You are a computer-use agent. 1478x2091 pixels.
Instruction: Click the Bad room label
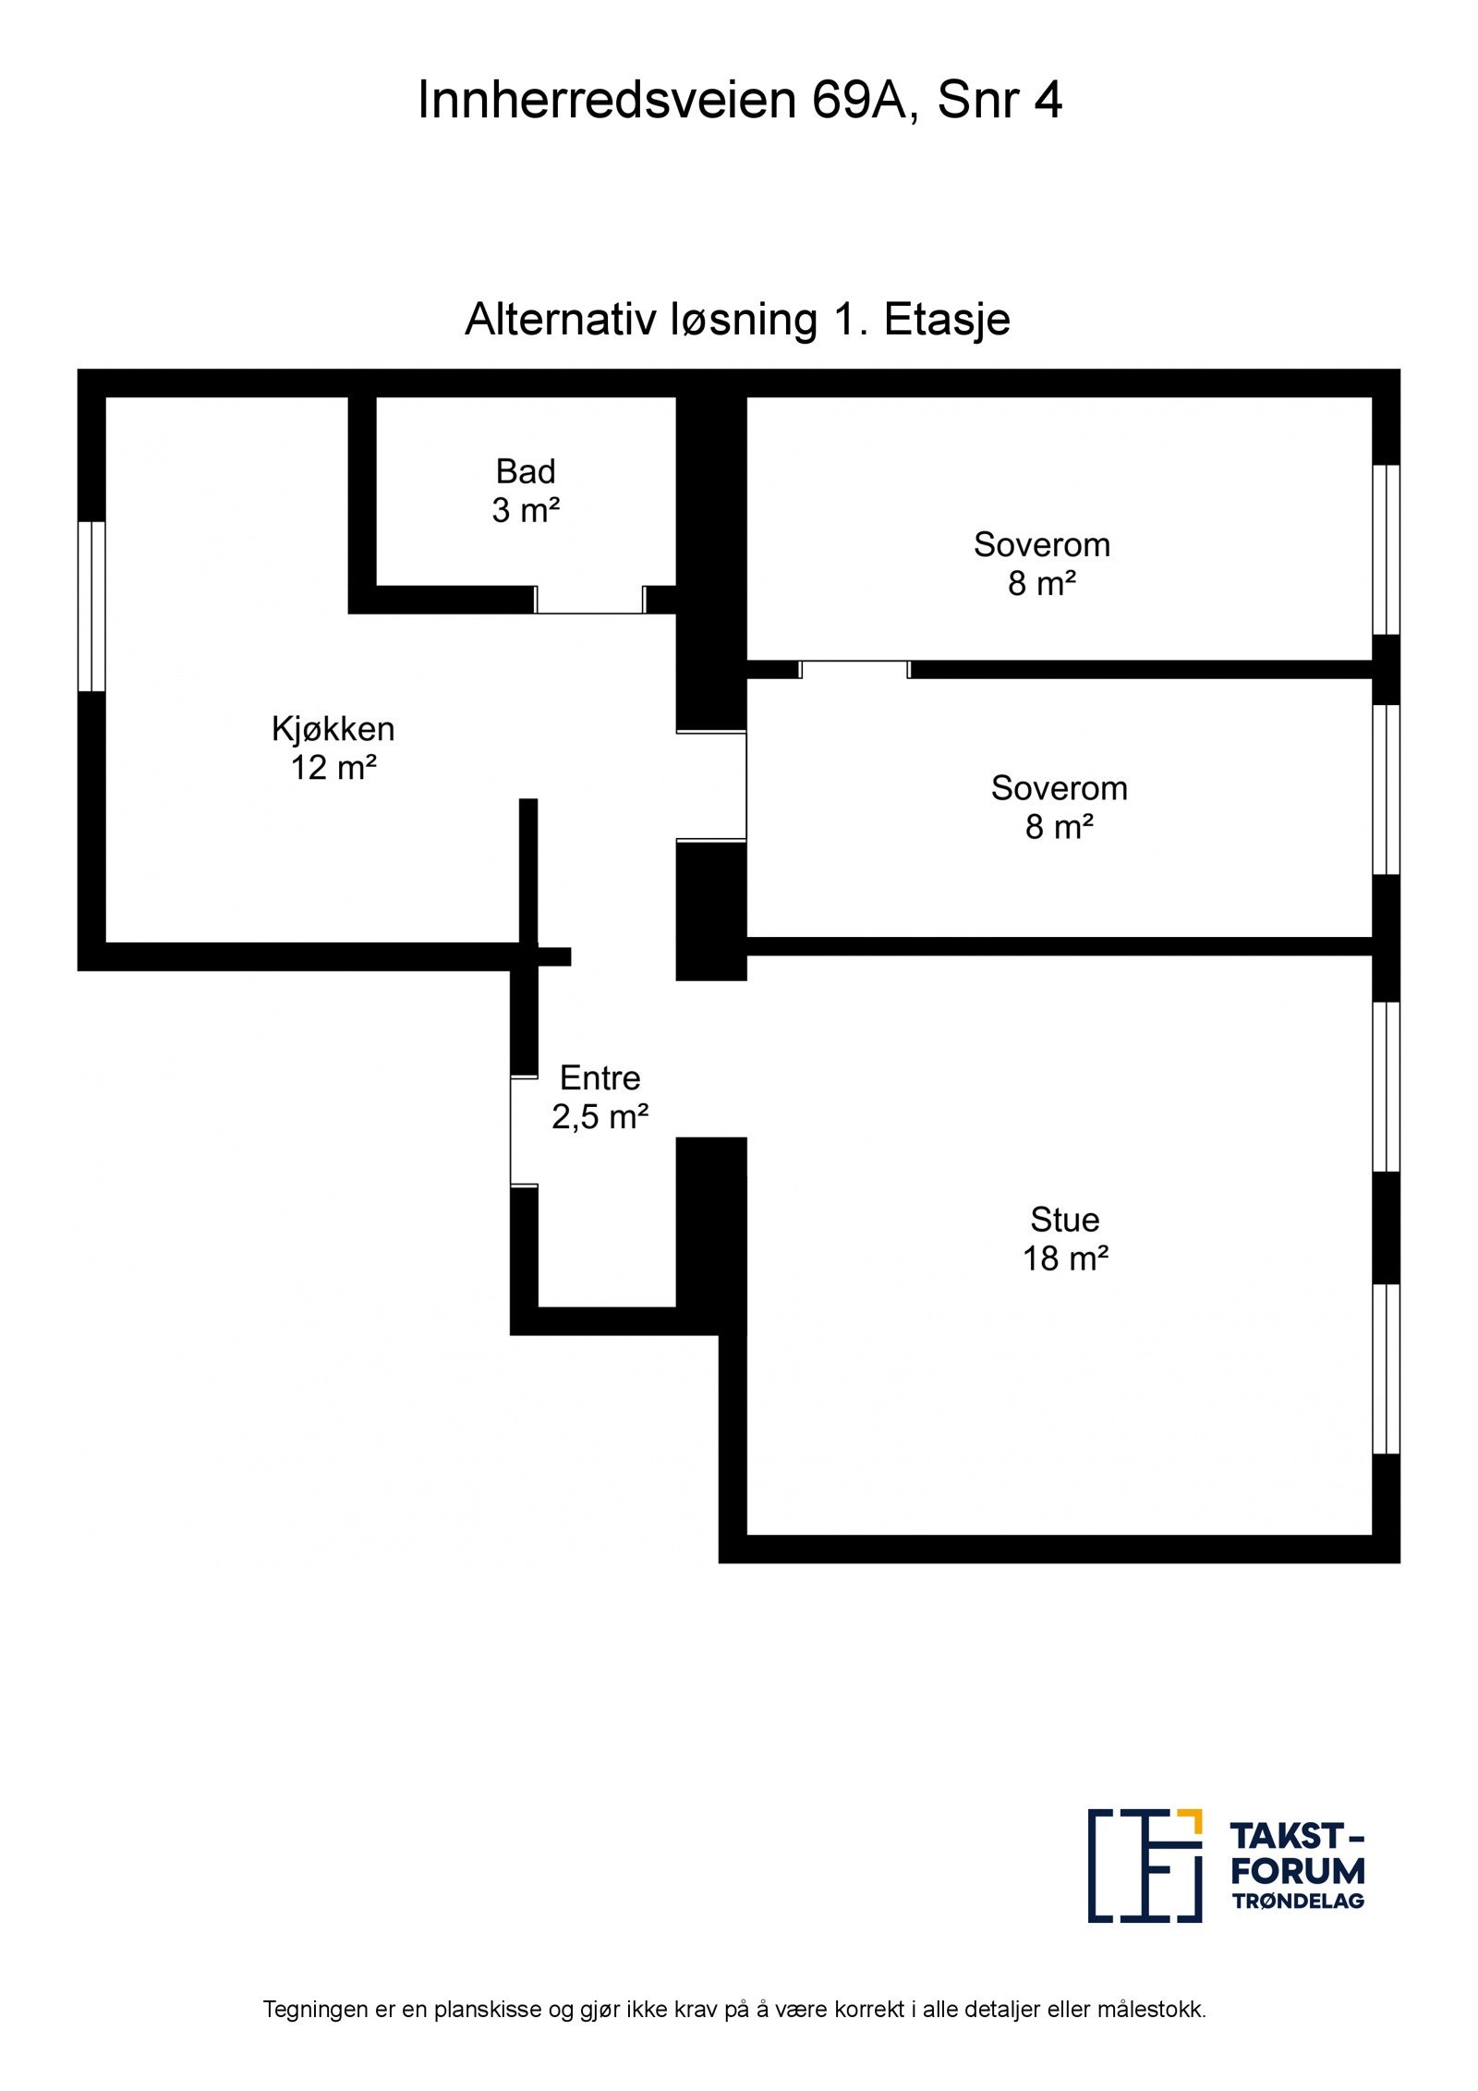tap(526, 472)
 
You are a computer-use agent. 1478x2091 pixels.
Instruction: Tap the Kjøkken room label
tap(333, 729)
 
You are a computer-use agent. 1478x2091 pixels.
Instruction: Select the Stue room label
tap(1064, 1220)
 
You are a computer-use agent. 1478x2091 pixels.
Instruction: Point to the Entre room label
tap(600, 1077)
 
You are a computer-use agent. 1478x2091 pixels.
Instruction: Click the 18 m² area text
tap(1064, 1258)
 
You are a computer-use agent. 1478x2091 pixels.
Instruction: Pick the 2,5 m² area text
tap(600, 1117)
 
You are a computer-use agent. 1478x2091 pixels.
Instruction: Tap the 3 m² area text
tap(526, 511)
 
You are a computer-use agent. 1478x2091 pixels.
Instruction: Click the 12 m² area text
tap(333, 768)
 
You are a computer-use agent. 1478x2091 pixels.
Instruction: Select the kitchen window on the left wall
tap(91, 606)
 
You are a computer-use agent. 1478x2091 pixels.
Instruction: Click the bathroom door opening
tap(589, 600)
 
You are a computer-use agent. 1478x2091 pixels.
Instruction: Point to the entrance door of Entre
tap(524, 1131)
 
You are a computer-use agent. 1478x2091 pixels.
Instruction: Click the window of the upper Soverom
tap(1386, 549)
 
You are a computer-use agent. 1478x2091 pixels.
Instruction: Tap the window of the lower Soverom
tap(1386, 790)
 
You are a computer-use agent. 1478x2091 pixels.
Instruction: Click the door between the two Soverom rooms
tap(854, 669)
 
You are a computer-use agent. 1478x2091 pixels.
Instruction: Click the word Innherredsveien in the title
tap(606, 100)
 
